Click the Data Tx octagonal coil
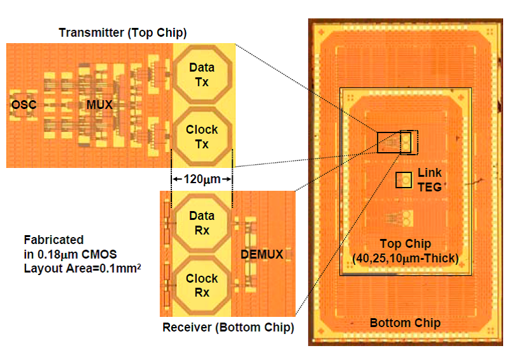(x=202, y=75)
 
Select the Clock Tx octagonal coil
(x=202, y=136)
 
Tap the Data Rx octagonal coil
(x=202, y=222)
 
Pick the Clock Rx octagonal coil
(x=202, y=285)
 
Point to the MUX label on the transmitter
(x=100, y=105)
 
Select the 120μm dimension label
(x=202, y=179)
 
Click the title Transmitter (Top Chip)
(x=122, y=32)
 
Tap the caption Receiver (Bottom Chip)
(x=228, y=328)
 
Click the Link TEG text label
(x=430, y=180)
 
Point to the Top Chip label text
(x=405, y=244)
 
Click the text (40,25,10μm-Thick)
(x=405, y=257)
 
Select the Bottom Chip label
(x=405, y=323)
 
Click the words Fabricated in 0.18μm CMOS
(x=72, y=247)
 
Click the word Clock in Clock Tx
(x=202, y=129)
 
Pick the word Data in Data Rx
(x=202, y=216)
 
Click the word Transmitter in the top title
(x=93, y=32)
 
